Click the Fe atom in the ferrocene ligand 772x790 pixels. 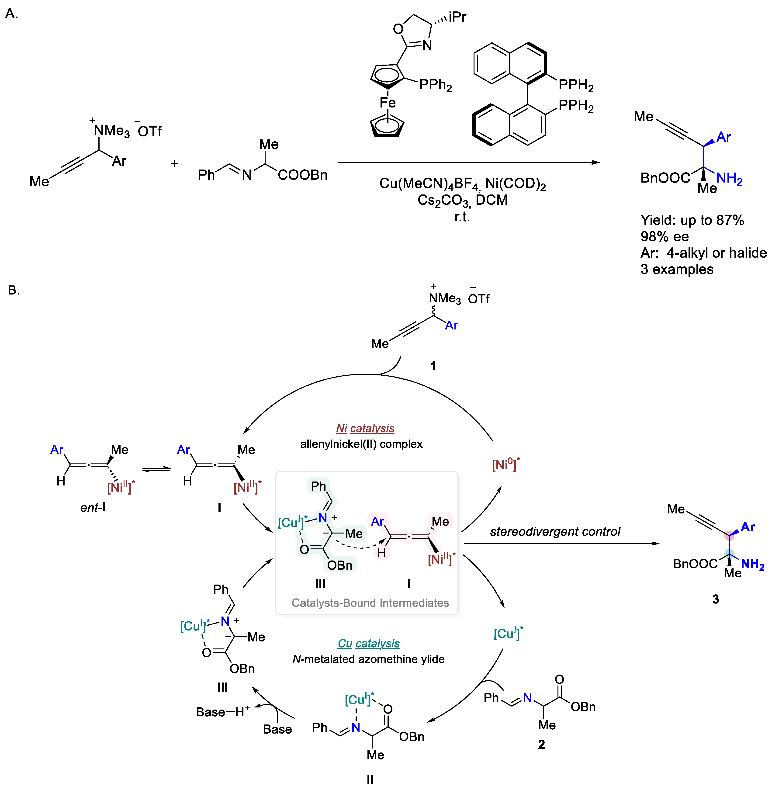click(387, 103)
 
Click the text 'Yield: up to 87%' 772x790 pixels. click(692, 220)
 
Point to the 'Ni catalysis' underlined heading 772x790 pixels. click(365, 428)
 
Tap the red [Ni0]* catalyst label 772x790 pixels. click(505, 464)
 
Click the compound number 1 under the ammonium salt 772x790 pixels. click(433, 366)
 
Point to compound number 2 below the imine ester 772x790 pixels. click(541, 744)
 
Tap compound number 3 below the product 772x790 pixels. click(716, 599)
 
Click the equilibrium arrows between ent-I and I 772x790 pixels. click(156, 469)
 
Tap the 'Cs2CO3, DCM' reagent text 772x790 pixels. click(462, 200)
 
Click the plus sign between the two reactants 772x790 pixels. click(174, 163)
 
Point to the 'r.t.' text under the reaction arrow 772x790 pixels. click(462, 217)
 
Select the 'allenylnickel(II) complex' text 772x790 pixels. click(361, 444)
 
